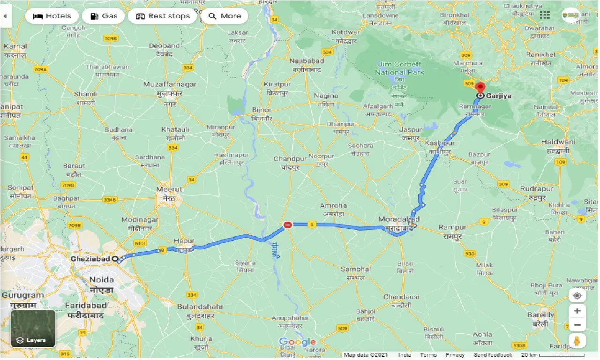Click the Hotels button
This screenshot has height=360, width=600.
[x=52, y=16]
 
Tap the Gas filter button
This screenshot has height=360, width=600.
[x=103, y=16]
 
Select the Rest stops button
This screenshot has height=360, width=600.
[x=163, y=16]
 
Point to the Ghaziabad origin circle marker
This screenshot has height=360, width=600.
[x=115, y=259]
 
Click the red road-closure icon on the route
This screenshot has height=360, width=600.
[x=288, y=225]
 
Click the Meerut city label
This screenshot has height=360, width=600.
[x=169, y=190]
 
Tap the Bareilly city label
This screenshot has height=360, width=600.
[x=540, y=315]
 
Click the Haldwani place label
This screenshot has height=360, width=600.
[x=558, y=142]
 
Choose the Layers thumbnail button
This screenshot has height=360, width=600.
[x=33, y=328]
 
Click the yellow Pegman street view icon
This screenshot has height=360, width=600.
[x=577, y=341]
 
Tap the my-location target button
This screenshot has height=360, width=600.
[x=577, y=296]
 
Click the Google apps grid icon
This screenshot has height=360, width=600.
[x=545, y=15]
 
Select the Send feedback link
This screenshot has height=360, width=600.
[x=493, y=355]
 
